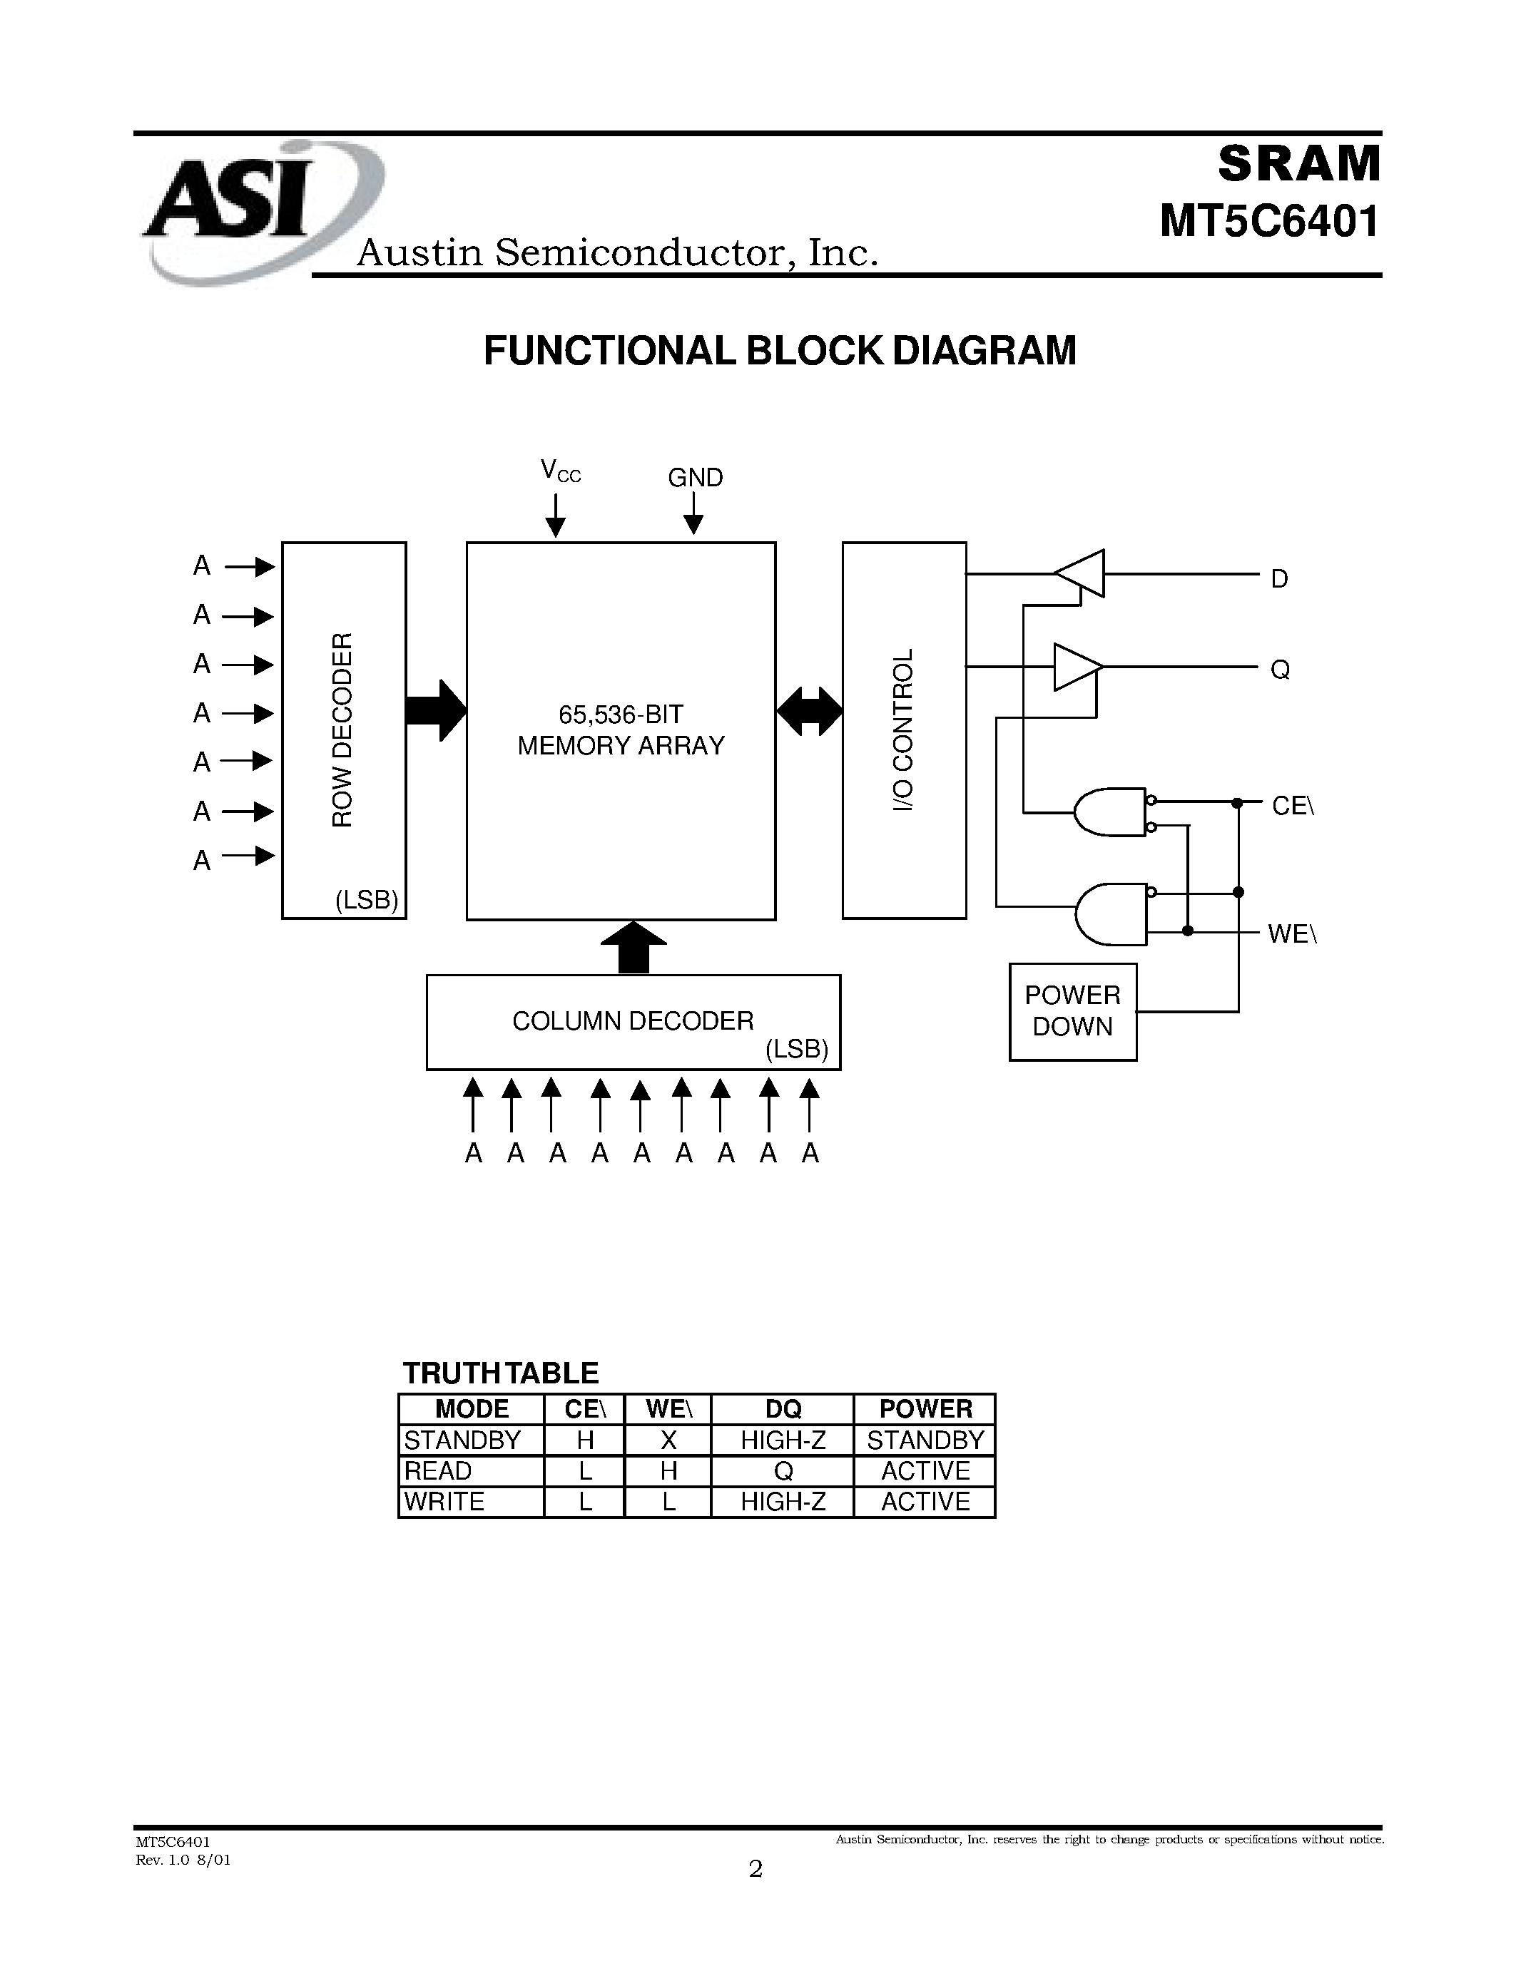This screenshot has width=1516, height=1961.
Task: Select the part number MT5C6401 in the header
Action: (1269, 222)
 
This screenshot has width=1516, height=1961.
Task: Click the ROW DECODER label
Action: (343, 729)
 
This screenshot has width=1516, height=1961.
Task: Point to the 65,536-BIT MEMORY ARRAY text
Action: (621, 730)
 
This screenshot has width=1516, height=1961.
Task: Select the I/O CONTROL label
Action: (903, 729)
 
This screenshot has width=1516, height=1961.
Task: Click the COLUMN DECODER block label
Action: (632, 1021)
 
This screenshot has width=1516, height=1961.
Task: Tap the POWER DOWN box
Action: (1072, 1011)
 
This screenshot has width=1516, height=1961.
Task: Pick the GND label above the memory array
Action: (695, 478)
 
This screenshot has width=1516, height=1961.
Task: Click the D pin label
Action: (1279, 579)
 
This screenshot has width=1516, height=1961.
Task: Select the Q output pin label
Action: (1280, 670)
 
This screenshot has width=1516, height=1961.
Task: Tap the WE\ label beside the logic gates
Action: (1291, 935)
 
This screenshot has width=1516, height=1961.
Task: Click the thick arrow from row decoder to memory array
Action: (437, 710)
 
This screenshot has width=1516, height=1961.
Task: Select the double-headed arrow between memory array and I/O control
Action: (809, 711)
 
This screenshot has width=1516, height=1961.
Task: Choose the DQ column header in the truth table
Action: (782, 1409)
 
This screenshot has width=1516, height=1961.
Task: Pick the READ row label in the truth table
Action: (438, 1470)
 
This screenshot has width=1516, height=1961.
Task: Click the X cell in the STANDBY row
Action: (668, 1440)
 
